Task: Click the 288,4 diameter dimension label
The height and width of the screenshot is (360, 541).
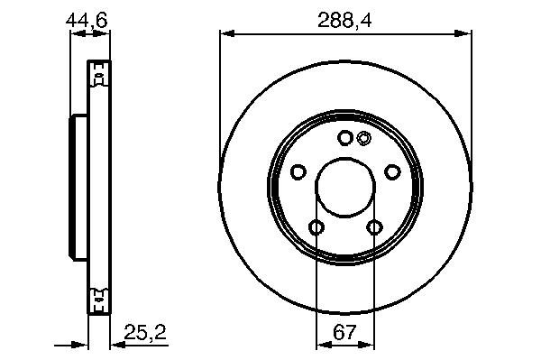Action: pyautogui.click(x=344, y=21)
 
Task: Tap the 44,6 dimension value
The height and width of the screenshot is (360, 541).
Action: pyautogui.click(x=87, y=21)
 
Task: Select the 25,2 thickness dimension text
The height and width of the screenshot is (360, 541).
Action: pyautogui.click(x=145, y=332)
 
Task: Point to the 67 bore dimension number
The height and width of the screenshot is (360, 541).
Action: pyautogui.click(x=344, y=332)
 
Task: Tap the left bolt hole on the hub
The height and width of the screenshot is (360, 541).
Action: pyautogui.click(x=298, y=171)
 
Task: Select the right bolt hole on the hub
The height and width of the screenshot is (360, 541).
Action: pyautogui.click(x=392, y=171)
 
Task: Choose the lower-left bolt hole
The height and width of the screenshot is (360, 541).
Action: pyautogui.click(x=316, y=227)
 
